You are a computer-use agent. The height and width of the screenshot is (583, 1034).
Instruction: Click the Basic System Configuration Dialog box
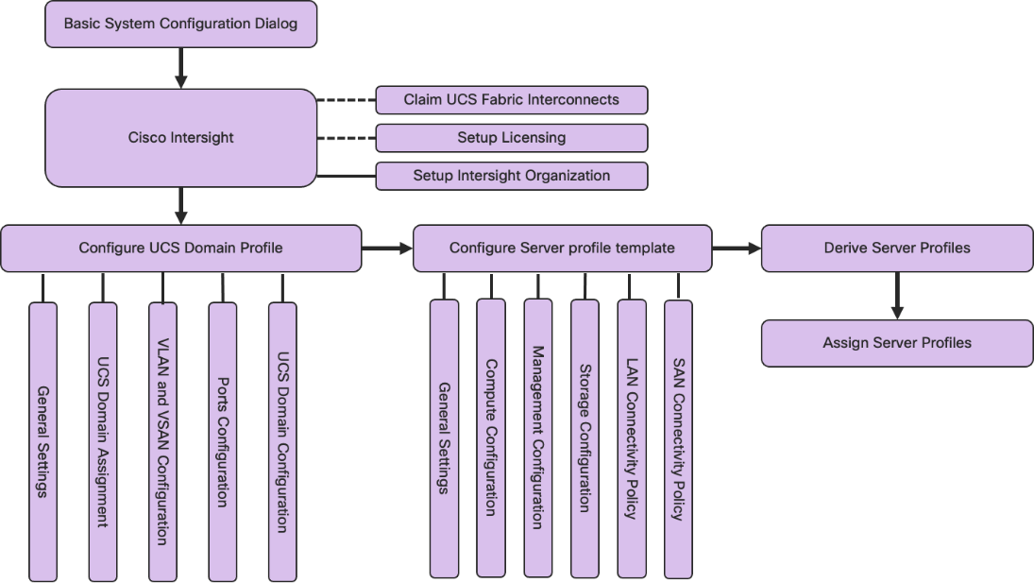(x=180, y=24)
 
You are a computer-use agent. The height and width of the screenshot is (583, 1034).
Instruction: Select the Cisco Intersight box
(x=180, y=138)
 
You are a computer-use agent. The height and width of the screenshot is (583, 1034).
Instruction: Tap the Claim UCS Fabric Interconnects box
(x=511, y=99)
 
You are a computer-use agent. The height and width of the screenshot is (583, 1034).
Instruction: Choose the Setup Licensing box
(x=511, y=138)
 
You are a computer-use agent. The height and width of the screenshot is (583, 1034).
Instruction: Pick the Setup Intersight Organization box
(x=511, y=176)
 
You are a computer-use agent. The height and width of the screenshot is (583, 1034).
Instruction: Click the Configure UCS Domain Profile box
(x=180, y=249)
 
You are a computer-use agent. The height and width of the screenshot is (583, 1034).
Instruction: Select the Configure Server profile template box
(x=562, y=249)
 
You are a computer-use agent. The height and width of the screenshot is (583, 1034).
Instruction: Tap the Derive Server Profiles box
(x=896, y=249)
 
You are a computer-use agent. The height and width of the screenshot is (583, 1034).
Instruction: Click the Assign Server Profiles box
(x=896, y=343)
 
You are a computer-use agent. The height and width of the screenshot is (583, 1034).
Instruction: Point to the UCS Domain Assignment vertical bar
(x=103, y=441)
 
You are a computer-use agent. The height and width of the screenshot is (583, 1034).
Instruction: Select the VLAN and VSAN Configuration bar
(x=162, y=441)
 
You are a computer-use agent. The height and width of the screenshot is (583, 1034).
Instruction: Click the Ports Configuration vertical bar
(x=223, y=441)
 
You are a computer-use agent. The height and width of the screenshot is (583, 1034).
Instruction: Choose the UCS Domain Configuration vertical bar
(x=282, y=441)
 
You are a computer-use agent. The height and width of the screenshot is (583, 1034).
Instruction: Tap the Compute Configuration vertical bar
(x=491, y=437)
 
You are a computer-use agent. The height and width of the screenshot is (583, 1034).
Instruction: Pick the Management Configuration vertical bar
(x=537, y=437)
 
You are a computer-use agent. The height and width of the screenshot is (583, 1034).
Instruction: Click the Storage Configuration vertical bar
(x=585, y=437)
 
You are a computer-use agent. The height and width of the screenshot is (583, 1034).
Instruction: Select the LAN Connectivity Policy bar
(x=632, y=437)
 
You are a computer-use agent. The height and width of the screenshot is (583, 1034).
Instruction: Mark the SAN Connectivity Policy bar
(x=678, y=437)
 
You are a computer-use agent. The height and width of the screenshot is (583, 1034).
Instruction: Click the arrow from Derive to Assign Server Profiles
(x=897, y=297)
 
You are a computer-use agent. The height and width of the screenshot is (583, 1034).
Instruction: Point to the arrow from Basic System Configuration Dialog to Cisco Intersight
(x=181, y=68)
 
